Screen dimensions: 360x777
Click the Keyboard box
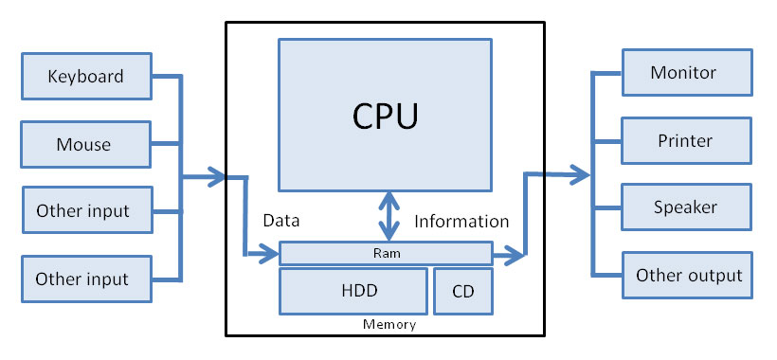[x=86, y=75]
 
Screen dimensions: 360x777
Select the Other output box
[x=687, y=276]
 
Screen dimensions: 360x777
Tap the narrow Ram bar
[x=385, y=253]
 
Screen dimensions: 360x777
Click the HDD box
[x=351, y=291]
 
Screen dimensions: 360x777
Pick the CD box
[x=463, y=291]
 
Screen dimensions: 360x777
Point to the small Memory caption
[x=389, y=325]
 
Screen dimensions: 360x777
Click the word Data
[x=280, y=221]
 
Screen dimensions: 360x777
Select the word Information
[x=461, y=221]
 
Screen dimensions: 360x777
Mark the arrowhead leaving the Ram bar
[x=516, y=254]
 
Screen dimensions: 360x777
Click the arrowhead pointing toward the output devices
[x=579, y=174]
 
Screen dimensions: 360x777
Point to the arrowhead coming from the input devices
[x=217, y=176]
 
